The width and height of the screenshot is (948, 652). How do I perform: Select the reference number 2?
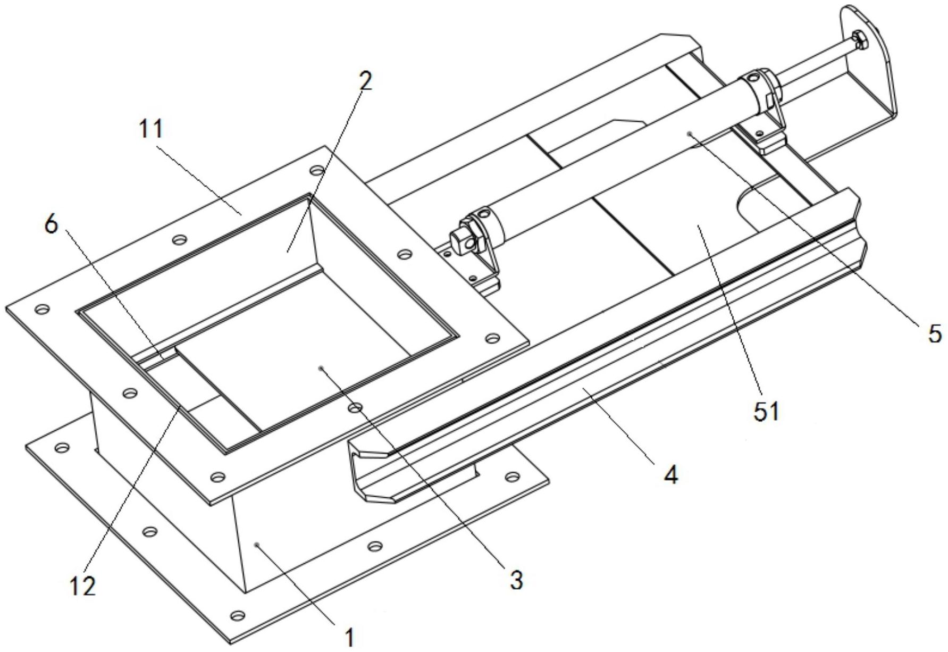coord(365,81)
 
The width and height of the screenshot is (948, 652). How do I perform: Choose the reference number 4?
coord(672,475)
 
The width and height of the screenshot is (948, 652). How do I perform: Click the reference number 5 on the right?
coord(934,335)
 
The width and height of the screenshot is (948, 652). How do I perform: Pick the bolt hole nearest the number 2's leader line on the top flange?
coord(317,170)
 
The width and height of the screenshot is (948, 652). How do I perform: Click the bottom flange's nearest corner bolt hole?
coord(234,616)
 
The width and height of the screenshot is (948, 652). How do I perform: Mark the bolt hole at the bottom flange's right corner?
coord(511,477)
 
